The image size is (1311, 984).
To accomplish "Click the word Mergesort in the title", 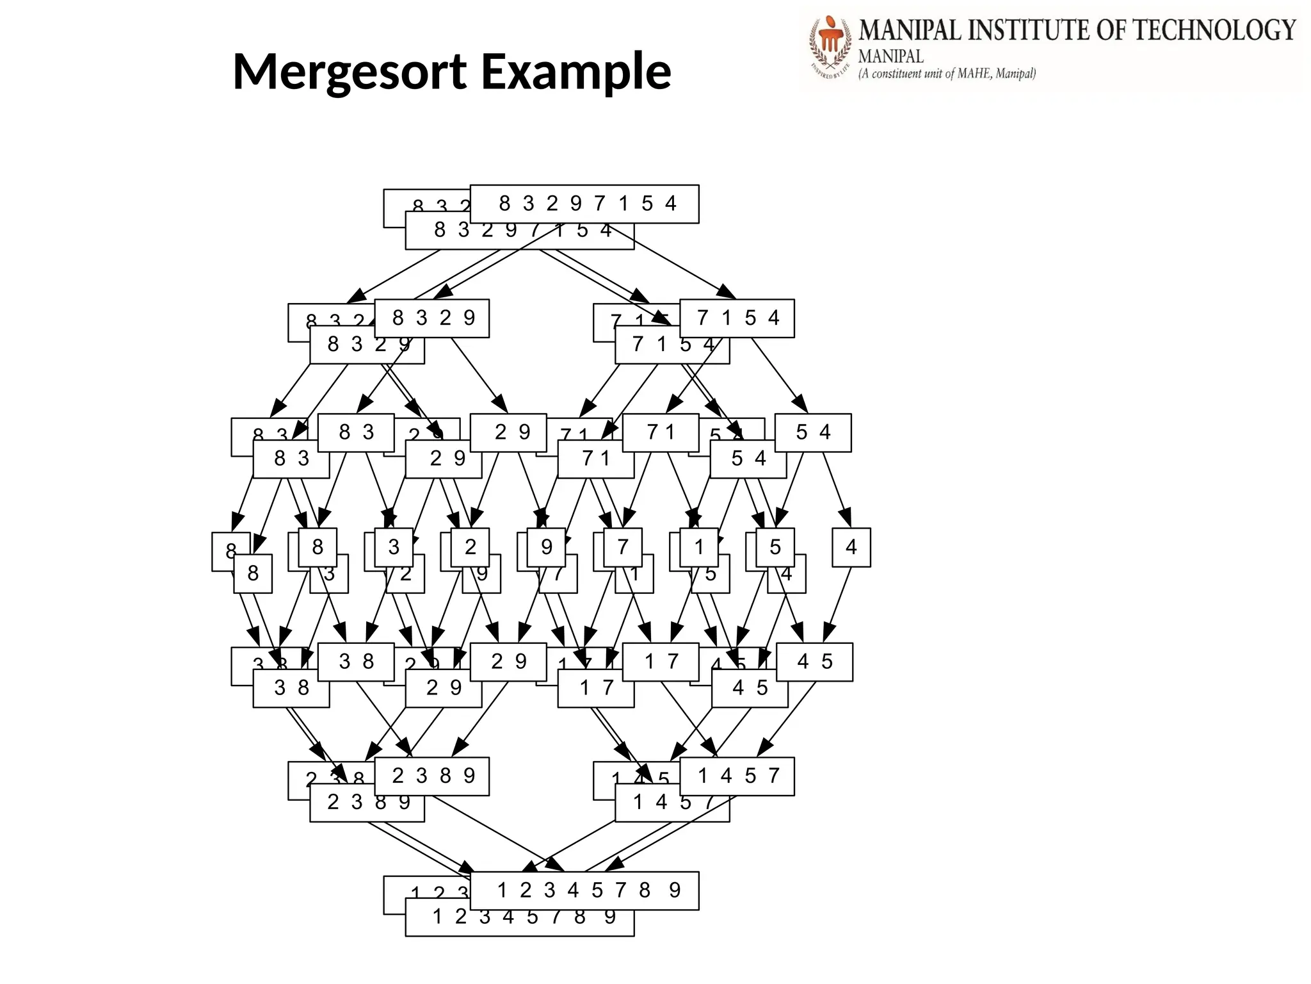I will point(350,72).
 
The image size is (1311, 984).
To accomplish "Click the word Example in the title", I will point(575,72).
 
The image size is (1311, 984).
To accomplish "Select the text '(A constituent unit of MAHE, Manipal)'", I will point(947,74).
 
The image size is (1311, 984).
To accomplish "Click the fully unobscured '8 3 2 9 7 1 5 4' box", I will point(584,204).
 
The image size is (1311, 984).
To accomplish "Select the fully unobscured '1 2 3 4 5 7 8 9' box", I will point(584,890).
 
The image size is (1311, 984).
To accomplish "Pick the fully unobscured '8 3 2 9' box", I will point(432,318).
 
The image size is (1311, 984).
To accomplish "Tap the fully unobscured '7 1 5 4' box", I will point(737,318).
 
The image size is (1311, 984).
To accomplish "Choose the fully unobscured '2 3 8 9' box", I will point(432,776).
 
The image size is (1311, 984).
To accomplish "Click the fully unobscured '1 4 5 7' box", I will point(737,776).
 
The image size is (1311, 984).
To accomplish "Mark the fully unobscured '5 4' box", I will point(813,433).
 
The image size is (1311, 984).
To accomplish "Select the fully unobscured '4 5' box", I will point(814,662).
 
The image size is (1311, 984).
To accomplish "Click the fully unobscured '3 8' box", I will point(356,662).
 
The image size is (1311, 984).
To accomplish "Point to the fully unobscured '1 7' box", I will point(661,662).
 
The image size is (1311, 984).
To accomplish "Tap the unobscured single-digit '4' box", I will point(851,547).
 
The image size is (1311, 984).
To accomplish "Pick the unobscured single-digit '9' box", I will point(546,547).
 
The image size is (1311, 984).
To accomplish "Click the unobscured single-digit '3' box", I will point(394,547).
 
